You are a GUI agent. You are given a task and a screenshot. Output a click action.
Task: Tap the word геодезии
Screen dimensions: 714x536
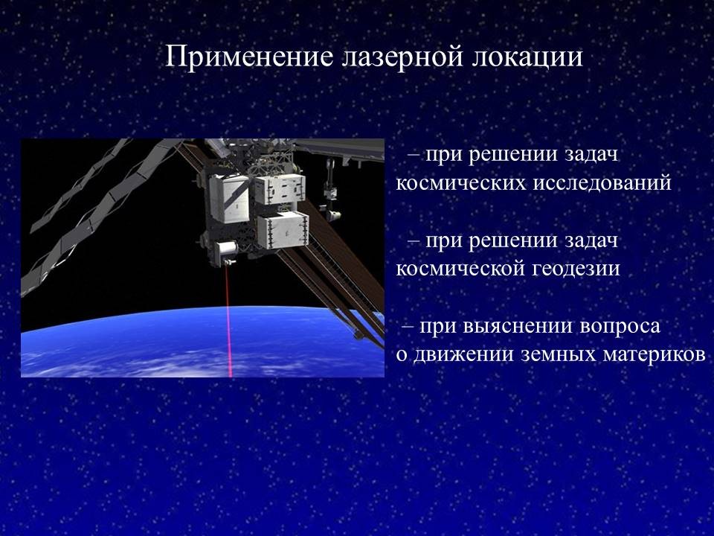[x=576, y=269]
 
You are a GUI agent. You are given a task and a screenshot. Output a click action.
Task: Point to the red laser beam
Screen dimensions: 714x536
[x=228, y=321]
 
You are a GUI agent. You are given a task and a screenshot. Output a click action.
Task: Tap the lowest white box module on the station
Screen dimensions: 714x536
[x=283, y=231]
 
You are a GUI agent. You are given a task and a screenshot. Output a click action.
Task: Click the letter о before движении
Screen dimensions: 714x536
[x=401, y=356]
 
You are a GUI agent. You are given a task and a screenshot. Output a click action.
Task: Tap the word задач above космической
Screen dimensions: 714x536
[x=591, y=240]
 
